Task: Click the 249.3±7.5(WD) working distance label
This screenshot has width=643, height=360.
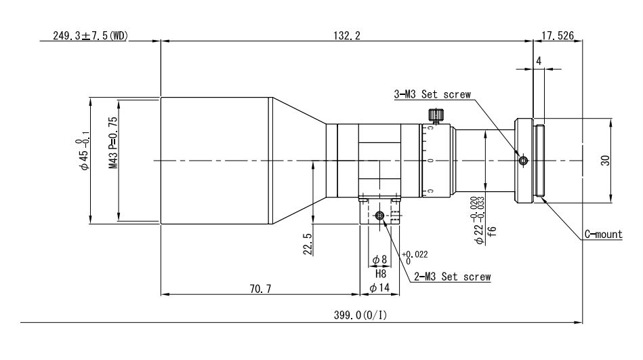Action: (x=91, y=36)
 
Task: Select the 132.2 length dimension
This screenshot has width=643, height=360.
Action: (x=346, y=36)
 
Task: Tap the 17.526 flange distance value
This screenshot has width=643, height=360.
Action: (x=558, y=36)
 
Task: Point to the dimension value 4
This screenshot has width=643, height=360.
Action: (x=539, y=61)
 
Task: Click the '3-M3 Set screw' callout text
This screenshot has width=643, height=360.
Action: (x=432, y=94)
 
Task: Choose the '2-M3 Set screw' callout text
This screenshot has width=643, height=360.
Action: (x=453, y=277)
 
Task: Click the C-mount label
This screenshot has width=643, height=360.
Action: (x=603, y=235)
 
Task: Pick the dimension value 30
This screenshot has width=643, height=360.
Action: (x=606, y=160)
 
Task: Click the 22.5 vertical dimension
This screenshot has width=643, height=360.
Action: (x=308, y=244)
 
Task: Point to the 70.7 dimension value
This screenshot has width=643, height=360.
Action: (x=260, y=289)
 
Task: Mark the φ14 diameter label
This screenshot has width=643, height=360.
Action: (x=379, y=287)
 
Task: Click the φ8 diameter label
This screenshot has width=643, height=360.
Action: (x=379, y=260)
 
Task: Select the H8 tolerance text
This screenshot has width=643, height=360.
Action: (x=381, y=273)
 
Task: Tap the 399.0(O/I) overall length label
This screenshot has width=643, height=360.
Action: (x=360, y=315)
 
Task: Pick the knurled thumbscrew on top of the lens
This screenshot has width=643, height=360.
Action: (x=436, y=115)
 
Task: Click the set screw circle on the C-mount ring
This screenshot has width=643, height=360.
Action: (x=523, y=161)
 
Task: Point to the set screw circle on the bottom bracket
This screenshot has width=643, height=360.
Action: (x=379, y=216)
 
